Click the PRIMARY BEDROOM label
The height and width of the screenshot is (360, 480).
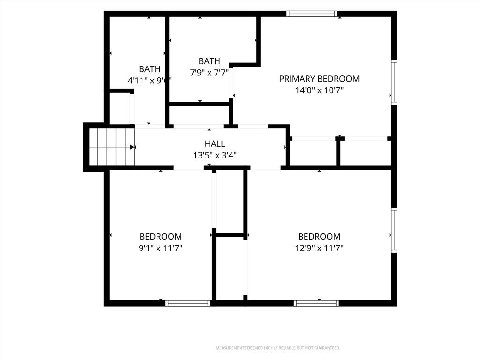pyautogui.click(x=319, y=79)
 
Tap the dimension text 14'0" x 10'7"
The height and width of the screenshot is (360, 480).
pyautogui.click(x=319, y=90)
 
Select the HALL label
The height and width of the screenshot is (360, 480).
pyautogui.click(x=215, y=143)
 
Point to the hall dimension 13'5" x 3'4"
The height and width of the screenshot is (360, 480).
pyautogui.click(x=215, y=155)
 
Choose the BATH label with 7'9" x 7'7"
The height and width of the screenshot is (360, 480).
pyautogui.click(x=210, y=61)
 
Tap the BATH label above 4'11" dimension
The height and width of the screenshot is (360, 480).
pyautogui.click(x=150, y=69)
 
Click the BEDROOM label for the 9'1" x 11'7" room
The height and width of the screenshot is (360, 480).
pyautogui.click(x=161, y=236)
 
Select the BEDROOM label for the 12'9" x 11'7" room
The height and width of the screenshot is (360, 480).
pyautogui.click(x=319, y=236)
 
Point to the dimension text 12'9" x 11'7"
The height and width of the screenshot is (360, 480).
pyautogui.click(x=319, y=248)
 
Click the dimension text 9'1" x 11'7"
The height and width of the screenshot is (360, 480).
pyautogui.click(x=161, y=248)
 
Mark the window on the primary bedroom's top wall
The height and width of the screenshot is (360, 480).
pyautogui.click(x=312, y=14)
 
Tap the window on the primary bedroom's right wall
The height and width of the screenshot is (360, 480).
pyautogui.click(x=394, y=82)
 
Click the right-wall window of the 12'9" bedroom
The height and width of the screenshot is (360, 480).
pyautogui.click(x=394, y=230)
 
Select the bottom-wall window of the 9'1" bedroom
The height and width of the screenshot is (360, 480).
pyautogui.click(x=188, y=303)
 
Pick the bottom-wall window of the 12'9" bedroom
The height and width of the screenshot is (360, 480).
pyautogui.click(x=316, y=303)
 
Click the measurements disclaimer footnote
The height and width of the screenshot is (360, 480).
pyautogui.click(x=278, y=348)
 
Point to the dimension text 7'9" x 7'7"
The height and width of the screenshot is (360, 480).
pyautogui.click(x=210, y=73)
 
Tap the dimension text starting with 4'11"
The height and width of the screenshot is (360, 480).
pyautogui.click(x=149, y=81)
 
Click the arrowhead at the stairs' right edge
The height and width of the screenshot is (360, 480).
pyautogui.click(x=132, y=147)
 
